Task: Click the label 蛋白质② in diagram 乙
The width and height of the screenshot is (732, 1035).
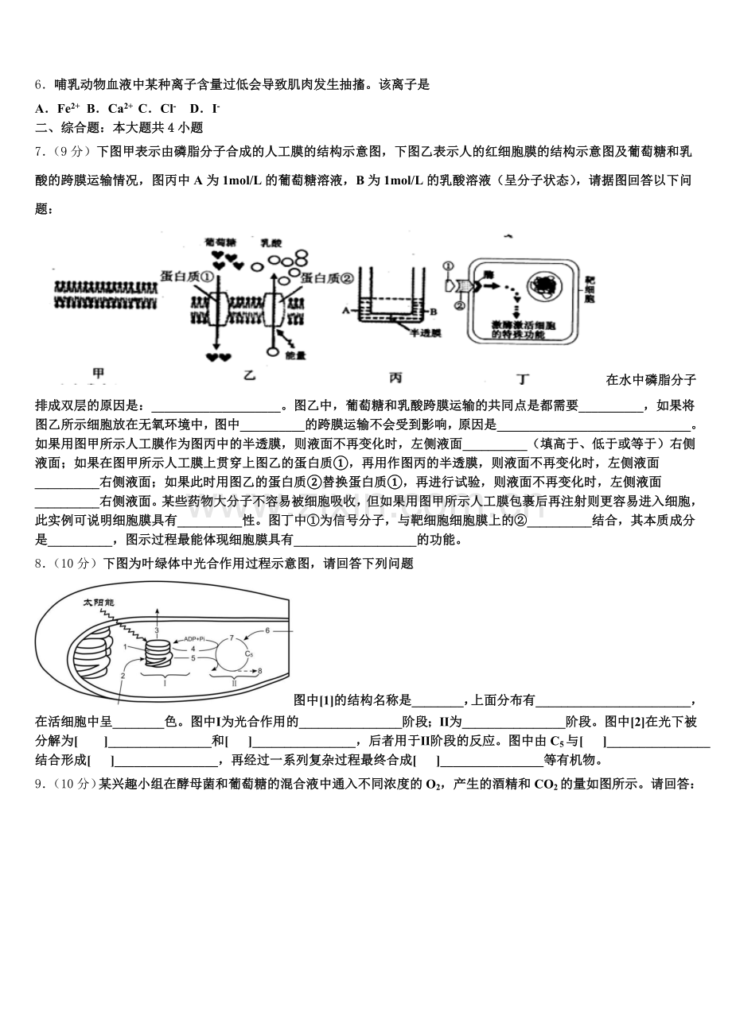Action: coord(327,277)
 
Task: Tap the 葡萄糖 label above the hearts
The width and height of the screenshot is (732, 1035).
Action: coord(219,240)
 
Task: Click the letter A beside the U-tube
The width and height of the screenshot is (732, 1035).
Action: coord(347,311)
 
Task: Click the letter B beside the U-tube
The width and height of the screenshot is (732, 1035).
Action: coord(435,311)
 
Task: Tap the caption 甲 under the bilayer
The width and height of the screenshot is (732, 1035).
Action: coord(98,373)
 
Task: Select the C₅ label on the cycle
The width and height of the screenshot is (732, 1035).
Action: coord(248,653)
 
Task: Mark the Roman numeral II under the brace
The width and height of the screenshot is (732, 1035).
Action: coord(234,683)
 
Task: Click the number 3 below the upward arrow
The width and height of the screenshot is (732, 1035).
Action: coord(157,630)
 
